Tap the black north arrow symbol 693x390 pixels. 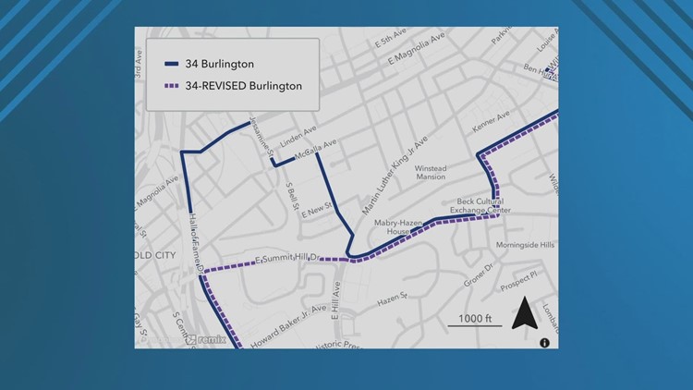pos(524,313)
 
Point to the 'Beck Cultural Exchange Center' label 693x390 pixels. pos(480,205)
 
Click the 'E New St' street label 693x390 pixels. pos(316,213)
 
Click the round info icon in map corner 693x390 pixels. pos(544,343)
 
